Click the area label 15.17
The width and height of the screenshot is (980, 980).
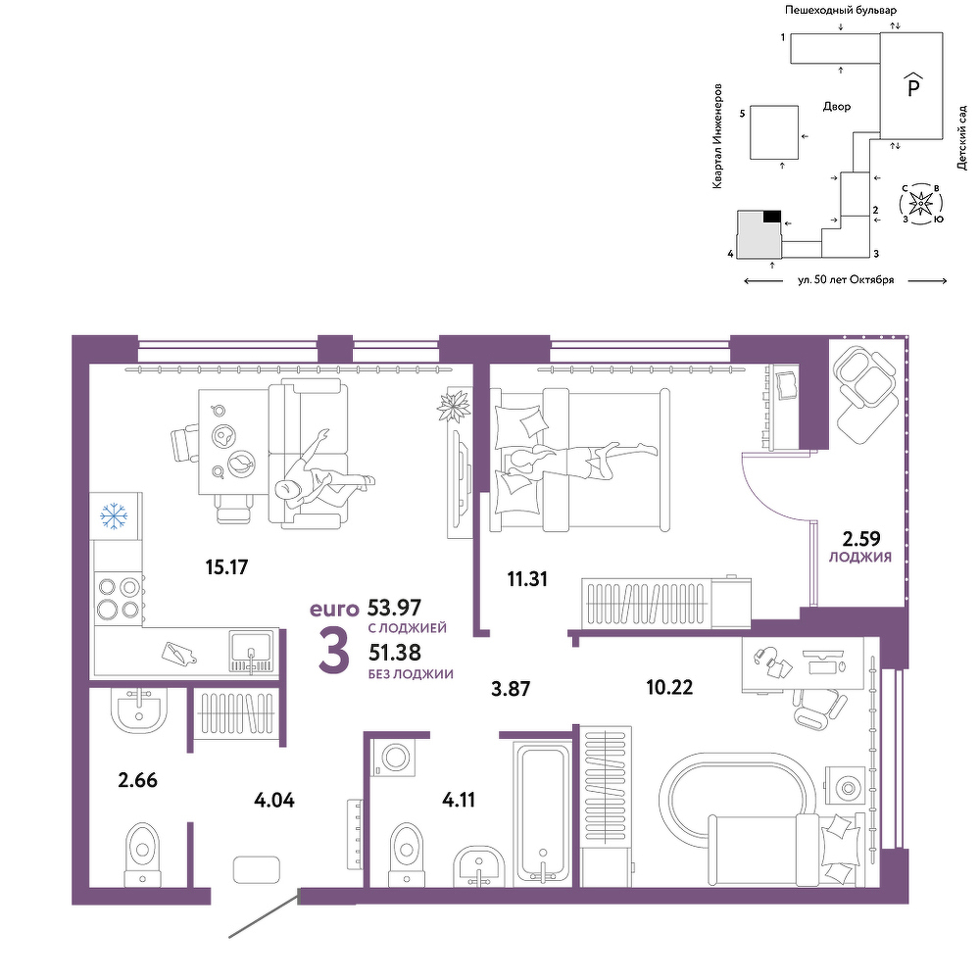[227, 566]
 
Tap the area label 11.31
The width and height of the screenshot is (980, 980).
[527, 579]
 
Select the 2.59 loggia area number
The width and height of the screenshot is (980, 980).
[861, 538]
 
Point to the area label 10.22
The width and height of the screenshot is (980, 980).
[669, 688]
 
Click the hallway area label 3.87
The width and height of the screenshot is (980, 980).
[511, 689]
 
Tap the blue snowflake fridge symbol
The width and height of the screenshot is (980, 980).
[115, 516]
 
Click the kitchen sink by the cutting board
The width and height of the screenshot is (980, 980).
[251, 652]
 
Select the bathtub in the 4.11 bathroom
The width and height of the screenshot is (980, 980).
[542, 813]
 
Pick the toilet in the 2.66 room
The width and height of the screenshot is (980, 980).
[143, 855]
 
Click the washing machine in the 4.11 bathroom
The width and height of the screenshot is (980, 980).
[394, 758]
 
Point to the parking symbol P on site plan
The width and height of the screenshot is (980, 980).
[913, 85]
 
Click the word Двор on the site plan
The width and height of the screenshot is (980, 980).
[836, 107]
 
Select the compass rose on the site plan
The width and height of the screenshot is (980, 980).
[920, 203]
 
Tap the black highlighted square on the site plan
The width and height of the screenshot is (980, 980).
[772, 217]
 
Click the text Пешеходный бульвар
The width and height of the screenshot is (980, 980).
[841, 10]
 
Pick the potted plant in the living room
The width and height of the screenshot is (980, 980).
[453, 407]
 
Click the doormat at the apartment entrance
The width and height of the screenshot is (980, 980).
[256, 869]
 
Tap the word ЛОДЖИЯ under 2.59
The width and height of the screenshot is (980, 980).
[860, 558]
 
